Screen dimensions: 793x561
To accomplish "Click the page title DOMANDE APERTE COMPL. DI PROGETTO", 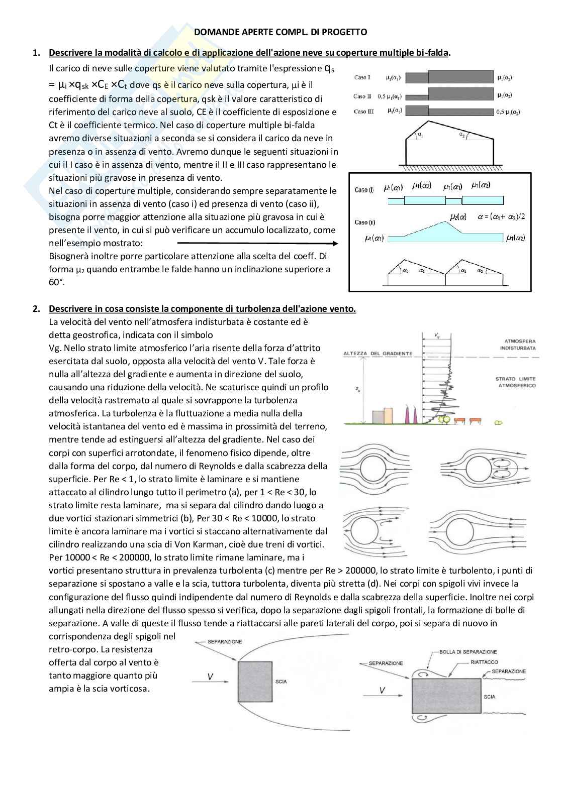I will click(x=280, y=32).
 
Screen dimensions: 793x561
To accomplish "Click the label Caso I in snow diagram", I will click(x=362, y=77).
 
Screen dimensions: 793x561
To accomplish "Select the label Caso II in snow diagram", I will click(x=362, y=96).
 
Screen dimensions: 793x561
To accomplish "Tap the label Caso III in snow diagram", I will click(x=363, y=111).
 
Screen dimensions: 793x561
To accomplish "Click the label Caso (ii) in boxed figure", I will click(x=364, y=222).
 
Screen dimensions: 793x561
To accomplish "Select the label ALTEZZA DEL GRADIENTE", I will click(x=378, y=354).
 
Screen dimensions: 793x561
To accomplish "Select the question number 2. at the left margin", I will click(x=36, y=309).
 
